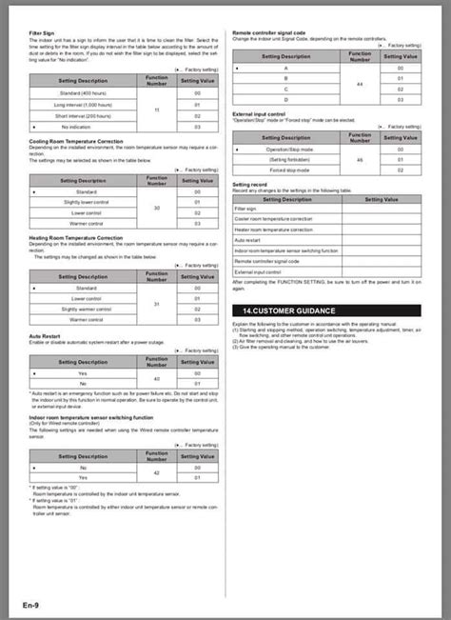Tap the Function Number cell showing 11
[157, 110]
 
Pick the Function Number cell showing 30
[157, 206]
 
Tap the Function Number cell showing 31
[157, 304]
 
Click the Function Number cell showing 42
[157, 472]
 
